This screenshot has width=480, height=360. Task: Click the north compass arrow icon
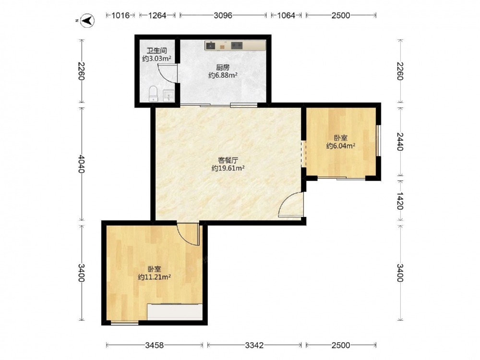pyautogui.click(x=87, y=21)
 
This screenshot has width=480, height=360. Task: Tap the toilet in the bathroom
pyautogui.click(x=153, y=94)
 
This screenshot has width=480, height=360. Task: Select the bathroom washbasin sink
pyautogui.click(x=168, y=96)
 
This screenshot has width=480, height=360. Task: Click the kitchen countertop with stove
pyautogui.click(x=235, y=45)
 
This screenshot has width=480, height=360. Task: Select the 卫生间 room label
pyautogui.click(x=156, y=50)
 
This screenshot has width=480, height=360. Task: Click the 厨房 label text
pyautogui.click(x=223, y=67)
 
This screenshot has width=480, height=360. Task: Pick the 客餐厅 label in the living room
pyautogui.click(x=228, y=160)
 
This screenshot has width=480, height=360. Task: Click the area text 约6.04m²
pyautogui.click(x=341, y=146)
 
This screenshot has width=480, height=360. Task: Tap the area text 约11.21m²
pyautogui.click(x=154, y=277)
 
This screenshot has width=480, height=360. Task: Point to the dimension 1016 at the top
pyautogui.click(x=120, y=15)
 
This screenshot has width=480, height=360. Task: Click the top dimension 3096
pyautogui.click(x=223, y=15)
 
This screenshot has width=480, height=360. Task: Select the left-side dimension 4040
pyautogui.click(x=81, y=164)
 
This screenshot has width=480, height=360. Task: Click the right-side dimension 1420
pyautogui.click(x=400, y=201)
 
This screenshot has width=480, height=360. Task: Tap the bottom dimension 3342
pyautogui.click(x=254, y=345)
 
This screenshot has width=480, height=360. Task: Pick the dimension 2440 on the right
pyautogui.click(x=400, y=142)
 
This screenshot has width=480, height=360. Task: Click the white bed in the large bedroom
pyautogui.click(x=175, y=312)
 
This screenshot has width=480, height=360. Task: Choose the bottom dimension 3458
pyautogui.click(x=154, y=345)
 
